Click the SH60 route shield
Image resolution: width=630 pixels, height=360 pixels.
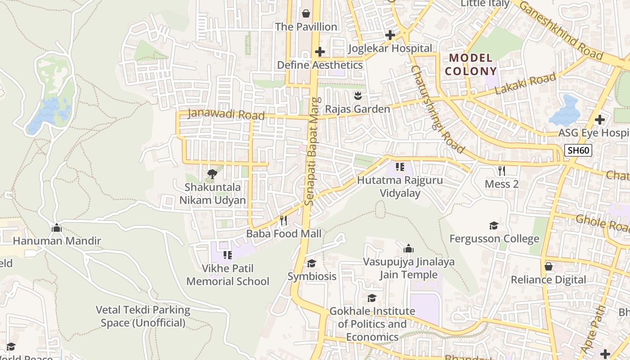click(x=578, y=150)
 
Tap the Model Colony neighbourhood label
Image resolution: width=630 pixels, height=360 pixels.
click(x=471, y=64)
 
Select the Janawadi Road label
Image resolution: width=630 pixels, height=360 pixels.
click(x=226, y=114)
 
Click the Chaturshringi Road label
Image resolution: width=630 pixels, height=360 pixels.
click(x=437, y=110)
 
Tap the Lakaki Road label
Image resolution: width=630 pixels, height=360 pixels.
click(x=525, y=84)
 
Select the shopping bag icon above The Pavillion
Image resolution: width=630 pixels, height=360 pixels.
click(x=306, y=13)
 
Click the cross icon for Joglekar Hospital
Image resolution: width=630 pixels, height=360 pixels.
click(x=390, y=35)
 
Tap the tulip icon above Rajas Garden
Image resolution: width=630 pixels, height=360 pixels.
click(x=358, y=95)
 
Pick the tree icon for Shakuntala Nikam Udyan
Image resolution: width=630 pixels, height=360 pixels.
click(x=212, y=174)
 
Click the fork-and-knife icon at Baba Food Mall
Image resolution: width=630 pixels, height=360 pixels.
click(x=283, y=220)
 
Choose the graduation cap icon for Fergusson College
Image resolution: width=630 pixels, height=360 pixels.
click(x=494, y=225)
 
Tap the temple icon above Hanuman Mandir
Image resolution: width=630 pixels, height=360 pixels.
click(x=57, y=228)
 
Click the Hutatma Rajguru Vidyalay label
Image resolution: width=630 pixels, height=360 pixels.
click(x=400, y=187)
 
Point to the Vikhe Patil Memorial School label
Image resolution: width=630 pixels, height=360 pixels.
click(x=228, y=275)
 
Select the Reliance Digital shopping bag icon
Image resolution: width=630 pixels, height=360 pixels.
click(x=548, y=266)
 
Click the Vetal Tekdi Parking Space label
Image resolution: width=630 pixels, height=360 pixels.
click(x=143, y=316)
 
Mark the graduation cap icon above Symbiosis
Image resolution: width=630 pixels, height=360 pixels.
click(x=311, y=263)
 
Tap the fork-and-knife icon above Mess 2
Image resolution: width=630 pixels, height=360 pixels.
click(x=502, y=171)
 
